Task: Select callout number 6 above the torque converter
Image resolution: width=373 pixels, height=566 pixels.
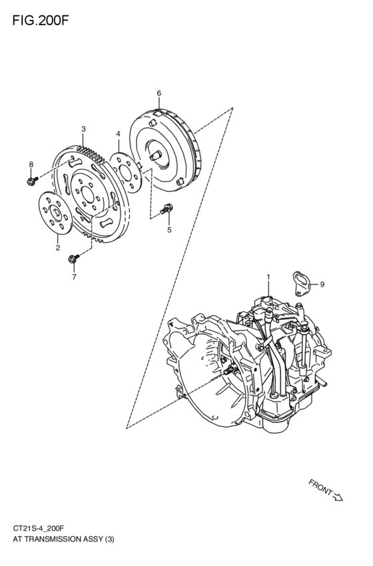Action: pyautogui.click(x=159, y=93)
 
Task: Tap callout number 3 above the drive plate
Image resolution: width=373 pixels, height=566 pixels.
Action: pyautogui.click(x=83, y=129)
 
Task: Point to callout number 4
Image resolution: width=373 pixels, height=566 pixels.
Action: pyautogui.click(x=118, y=134)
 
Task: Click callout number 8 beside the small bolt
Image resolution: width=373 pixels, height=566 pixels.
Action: pyautogui.click(x=31, y=164)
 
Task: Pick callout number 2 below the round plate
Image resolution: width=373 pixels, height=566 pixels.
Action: pyautogui.click(x=57, y=247)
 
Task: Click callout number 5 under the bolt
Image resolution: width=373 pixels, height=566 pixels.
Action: pyautogui.click(x=169, y=230)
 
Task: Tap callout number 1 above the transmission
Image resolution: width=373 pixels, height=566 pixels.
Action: pyautogui.click(x=268, y=275)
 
